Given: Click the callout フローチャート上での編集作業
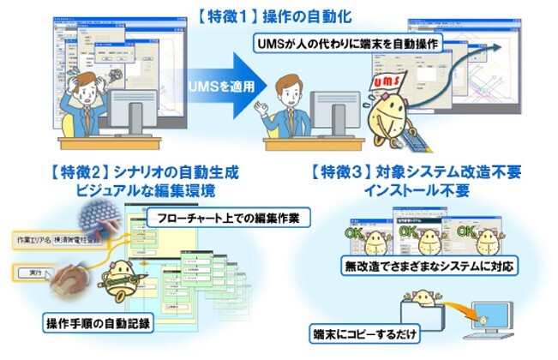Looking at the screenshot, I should tap(228, 219).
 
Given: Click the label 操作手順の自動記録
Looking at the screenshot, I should tap(99, 323).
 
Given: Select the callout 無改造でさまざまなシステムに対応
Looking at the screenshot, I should tap(429, 265).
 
